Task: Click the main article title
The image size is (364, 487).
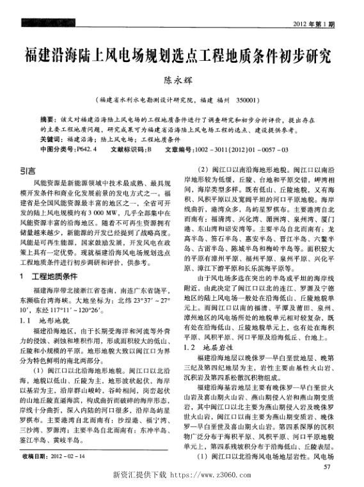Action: [182, 55]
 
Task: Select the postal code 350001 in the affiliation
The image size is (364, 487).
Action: [246, 100]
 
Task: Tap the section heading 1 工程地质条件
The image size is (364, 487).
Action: [51, 276]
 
